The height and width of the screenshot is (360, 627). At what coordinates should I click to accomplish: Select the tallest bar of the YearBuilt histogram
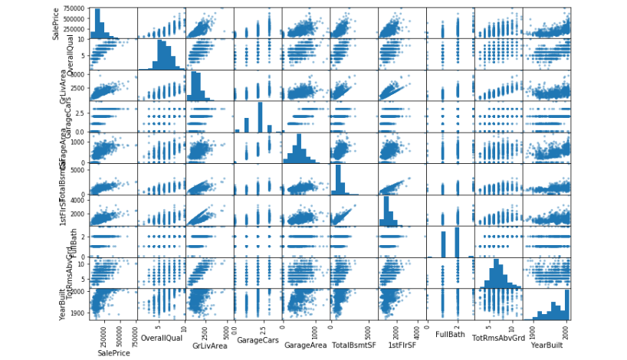[564, 305]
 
